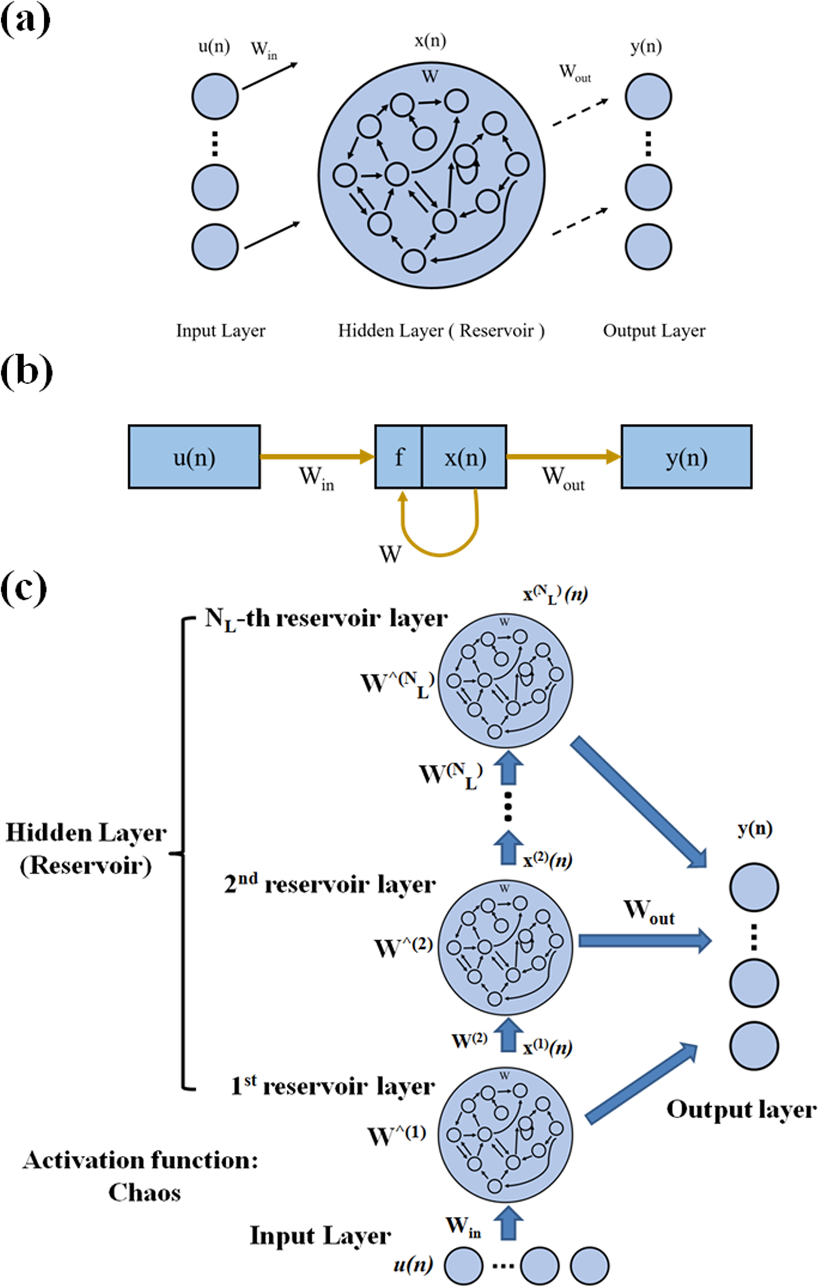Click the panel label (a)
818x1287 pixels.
[25, 21]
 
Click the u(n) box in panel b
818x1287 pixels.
[194, 457]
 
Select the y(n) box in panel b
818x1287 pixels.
[686, 457]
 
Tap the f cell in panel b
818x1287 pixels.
[398, 457]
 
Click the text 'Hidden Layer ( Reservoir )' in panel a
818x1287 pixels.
[441, 331]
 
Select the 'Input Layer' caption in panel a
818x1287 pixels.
[220, 331]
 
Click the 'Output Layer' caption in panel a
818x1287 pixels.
[654, 331]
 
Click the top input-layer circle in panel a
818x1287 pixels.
[215, 96]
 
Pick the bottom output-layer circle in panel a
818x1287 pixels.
[648, 247]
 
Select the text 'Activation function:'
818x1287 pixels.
[140, 1160]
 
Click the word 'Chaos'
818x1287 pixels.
[144, 1193]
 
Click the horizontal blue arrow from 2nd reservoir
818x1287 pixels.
[644, 940]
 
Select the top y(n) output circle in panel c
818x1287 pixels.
[753, 887]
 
